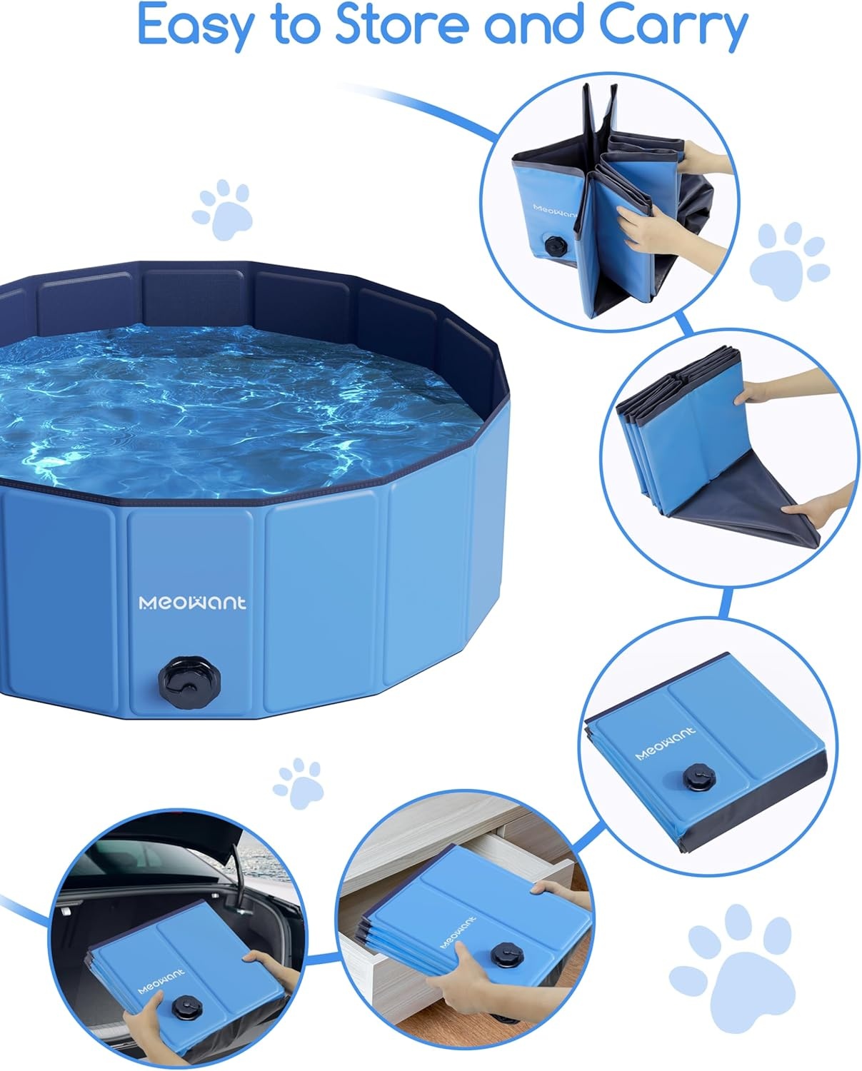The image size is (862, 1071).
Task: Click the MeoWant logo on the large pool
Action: (192, 603)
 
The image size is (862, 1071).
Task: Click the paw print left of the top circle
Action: (224, 207)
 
